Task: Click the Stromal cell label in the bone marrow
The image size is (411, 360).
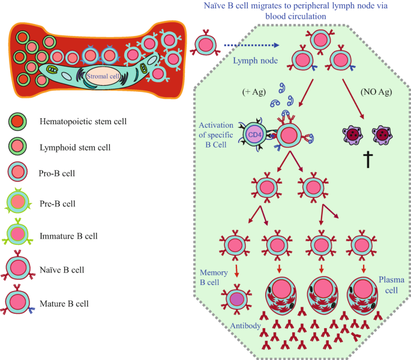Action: pos(103,77)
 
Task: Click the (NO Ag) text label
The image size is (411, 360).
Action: pos(375,92)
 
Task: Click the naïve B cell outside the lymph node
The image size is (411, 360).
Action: pos(206,44)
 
